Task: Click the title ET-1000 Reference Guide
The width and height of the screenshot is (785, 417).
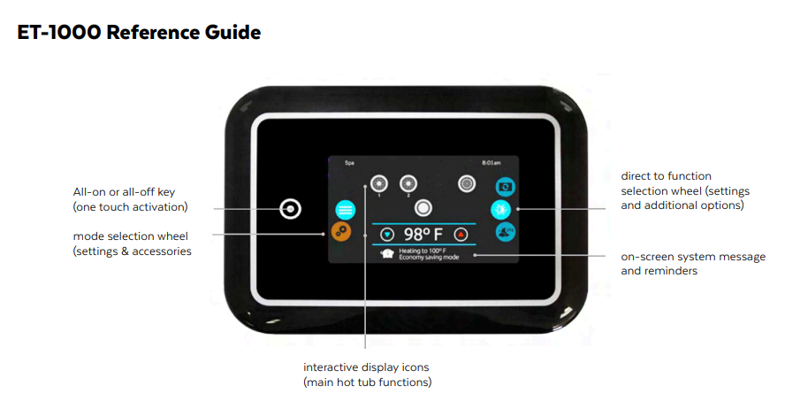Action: pyautogui.click(x=139, y=34)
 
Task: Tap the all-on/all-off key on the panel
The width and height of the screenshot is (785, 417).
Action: pyautogui.click(x=291, y=210)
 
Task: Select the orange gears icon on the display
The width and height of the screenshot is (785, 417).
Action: pyautogui.click(x=342, y=231)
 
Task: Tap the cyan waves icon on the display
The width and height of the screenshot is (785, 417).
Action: pyautogui.click(x=345, y=210)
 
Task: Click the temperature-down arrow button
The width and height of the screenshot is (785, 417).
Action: pyautogui.click(x=387, y=235)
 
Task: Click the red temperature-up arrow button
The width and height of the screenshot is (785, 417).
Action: pyautogui.click(x=460, y=235)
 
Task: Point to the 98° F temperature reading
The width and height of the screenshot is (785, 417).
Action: pyautogui.click(x=423, y=235)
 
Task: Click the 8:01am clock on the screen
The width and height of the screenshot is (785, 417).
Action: pyautogui.click(x=491, y=164)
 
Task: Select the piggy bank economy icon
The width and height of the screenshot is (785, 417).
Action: pyautogui.click(x=386, y=254)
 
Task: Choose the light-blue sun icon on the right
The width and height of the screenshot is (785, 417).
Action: pyautogui.click(x=502, y=210)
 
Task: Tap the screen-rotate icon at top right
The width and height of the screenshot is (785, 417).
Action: pyautogui.click(x=504, y=186)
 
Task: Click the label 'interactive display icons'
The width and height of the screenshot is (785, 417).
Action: pyautogui.click(x=367, y=367)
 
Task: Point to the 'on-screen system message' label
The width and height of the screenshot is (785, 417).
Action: pyautogui.click(x=693, y=257)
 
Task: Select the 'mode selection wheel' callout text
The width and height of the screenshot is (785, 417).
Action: pyautogui.click(x=131, y=236)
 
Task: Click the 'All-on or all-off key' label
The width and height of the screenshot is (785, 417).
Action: pyautogui.click(x=129, y=192)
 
